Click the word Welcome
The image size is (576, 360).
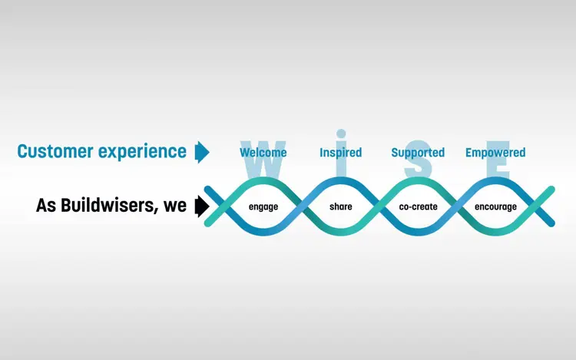263,152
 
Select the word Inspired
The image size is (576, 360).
340,153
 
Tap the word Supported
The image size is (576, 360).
418,153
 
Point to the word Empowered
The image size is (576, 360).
495,153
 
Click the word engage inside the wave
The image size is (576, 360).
263,207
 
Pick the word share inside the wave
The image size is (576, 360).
340,206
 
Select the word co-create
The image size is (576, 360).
418,207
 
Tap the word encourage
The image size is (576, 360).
495,207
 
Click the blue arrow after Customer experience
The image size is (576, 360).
202,152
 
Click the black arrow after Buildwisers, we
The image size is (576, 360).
202,206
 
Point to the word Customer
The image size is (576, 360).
55,151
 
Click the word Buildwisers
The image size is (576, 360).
110,205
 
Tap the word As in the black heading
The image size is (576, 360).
46,206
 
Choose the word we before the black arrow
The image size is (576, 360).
175,206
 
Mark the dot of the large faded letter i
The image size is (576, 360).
341,134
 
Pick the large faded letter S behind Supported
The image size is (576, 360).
418,159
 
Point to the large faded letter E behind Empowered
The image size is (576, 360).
498,159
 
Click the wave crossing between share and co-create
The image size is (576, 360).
379,206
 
